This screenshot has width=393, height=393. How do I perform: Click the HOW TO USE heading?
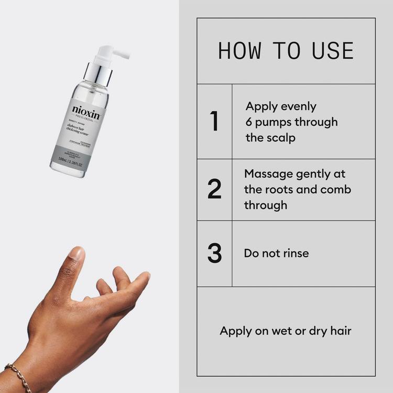coord(286,51)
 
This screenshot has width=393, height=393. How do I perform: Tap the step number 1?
coord(214,122)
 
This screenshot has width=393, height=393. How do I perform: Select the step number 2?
coord(214,189)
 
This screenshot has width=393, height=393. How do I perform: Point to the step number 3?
coord(214,253)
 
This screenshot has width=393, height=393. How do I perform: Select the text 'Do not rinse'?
coord(276,253)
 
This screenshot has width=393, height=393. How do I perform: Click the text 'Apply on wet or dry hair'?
coord(286,331)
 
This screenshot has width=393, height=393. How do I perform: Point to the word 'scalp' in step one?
coord(282,138)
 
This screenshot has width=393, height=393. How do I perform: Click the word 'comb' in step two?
coord(336,189)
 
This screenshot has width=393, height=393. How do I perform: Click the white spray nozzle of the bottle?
coord(115,53)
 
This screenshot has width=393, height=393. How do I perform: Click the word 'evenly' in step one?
coord(297,106)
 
